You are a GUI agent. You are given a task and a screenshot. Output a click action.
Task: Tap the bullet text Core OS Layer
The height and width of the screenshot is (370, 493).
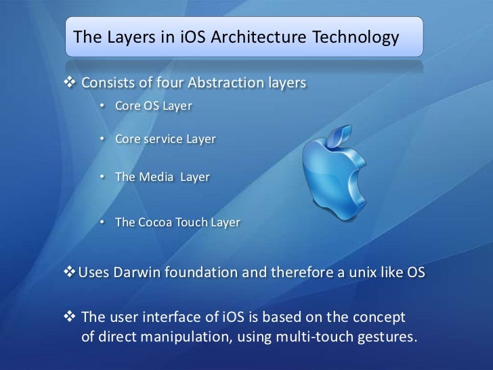click(154, 106)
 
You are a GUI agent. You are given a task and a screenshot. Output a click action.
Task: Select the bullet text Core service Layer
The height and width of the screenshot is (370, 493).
click(165, 140)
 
